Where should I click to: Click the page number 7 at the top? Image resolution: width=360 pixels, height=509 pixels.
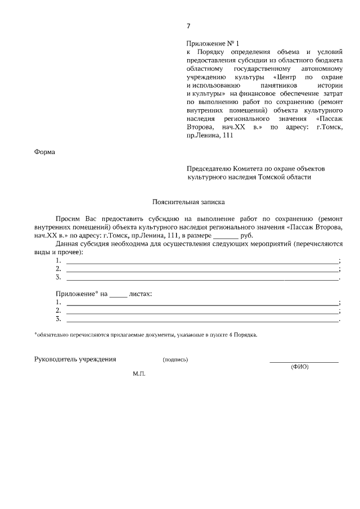(x=188, y=26)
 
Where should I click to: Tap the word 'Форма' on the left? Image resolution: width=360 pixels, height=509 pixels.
(x=44, y=151)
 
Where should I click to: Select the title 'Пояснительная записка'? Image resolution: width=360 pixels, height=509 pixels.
(x=188, y=201)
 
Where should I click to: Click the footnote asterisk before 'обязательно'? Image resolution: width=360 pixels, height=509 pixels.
(x=35, y=334)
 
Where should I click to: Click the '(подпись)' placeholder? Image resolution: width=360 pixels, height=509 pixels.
(x=175, y=359)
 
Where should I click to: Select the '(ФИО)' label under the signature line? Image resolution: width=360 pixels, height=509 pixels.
(x=300, y=367)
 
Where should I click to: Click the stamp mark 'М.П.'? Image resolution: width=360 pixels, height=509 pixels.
(x=139, y=373)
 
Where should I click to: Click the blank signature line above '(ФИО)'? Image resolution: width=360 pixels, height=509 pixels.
(x=304, y=362)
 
